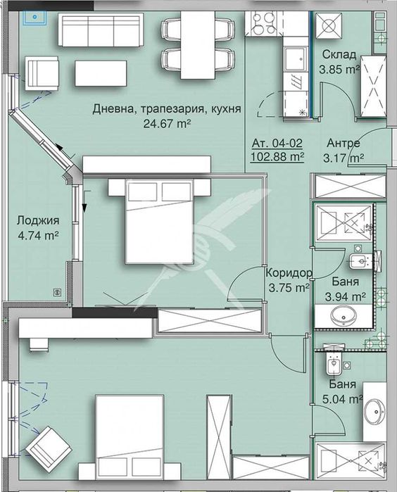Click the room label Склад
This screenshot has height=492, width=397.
point(339,55)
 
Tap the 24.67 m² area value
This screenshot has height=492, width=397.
point(167,123)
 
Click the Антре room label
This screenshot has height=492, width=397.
point(344,143)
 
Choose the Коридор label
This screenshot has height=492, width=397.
point(289,273)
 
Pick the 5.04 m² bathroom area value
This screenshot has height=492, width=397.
point(345,399)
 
